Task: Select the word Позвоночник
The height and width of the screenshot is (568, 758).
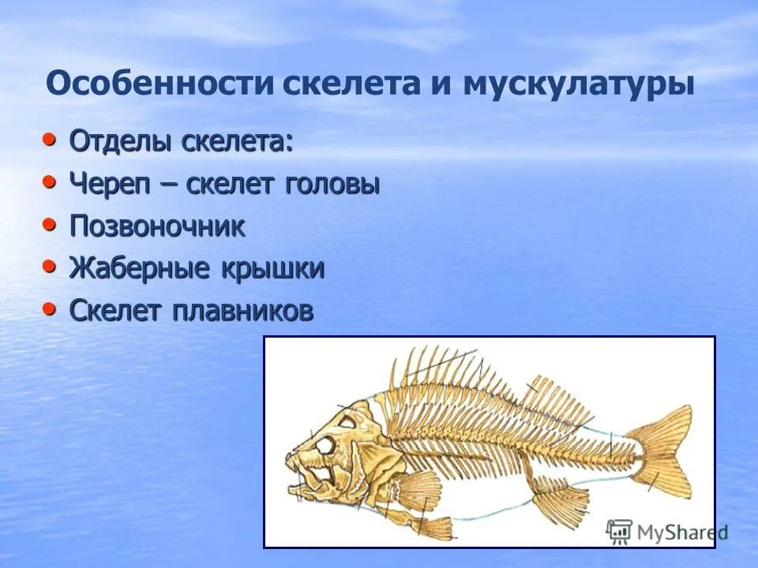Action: tap(157, 227)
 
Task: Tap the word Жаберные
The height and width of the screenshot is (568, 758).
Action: tap(140, 269)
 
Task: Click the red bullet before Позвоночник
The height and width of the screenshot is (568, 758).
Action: tap(50, 225)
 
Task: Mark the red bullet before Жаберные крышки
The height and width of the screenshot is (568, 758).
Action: tap(50, 267)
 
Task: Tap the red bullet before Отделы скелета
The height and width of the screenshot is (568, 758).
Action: tap(50, 140)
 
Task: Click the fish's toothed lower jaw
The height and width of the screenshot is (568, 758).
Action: tap(312, 485)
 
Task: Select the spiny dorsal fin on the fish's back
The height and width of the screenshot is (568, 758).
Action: tap(442, 375)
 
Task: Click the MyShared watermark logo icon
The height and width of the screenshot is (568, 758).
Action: tap(620, 532)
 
